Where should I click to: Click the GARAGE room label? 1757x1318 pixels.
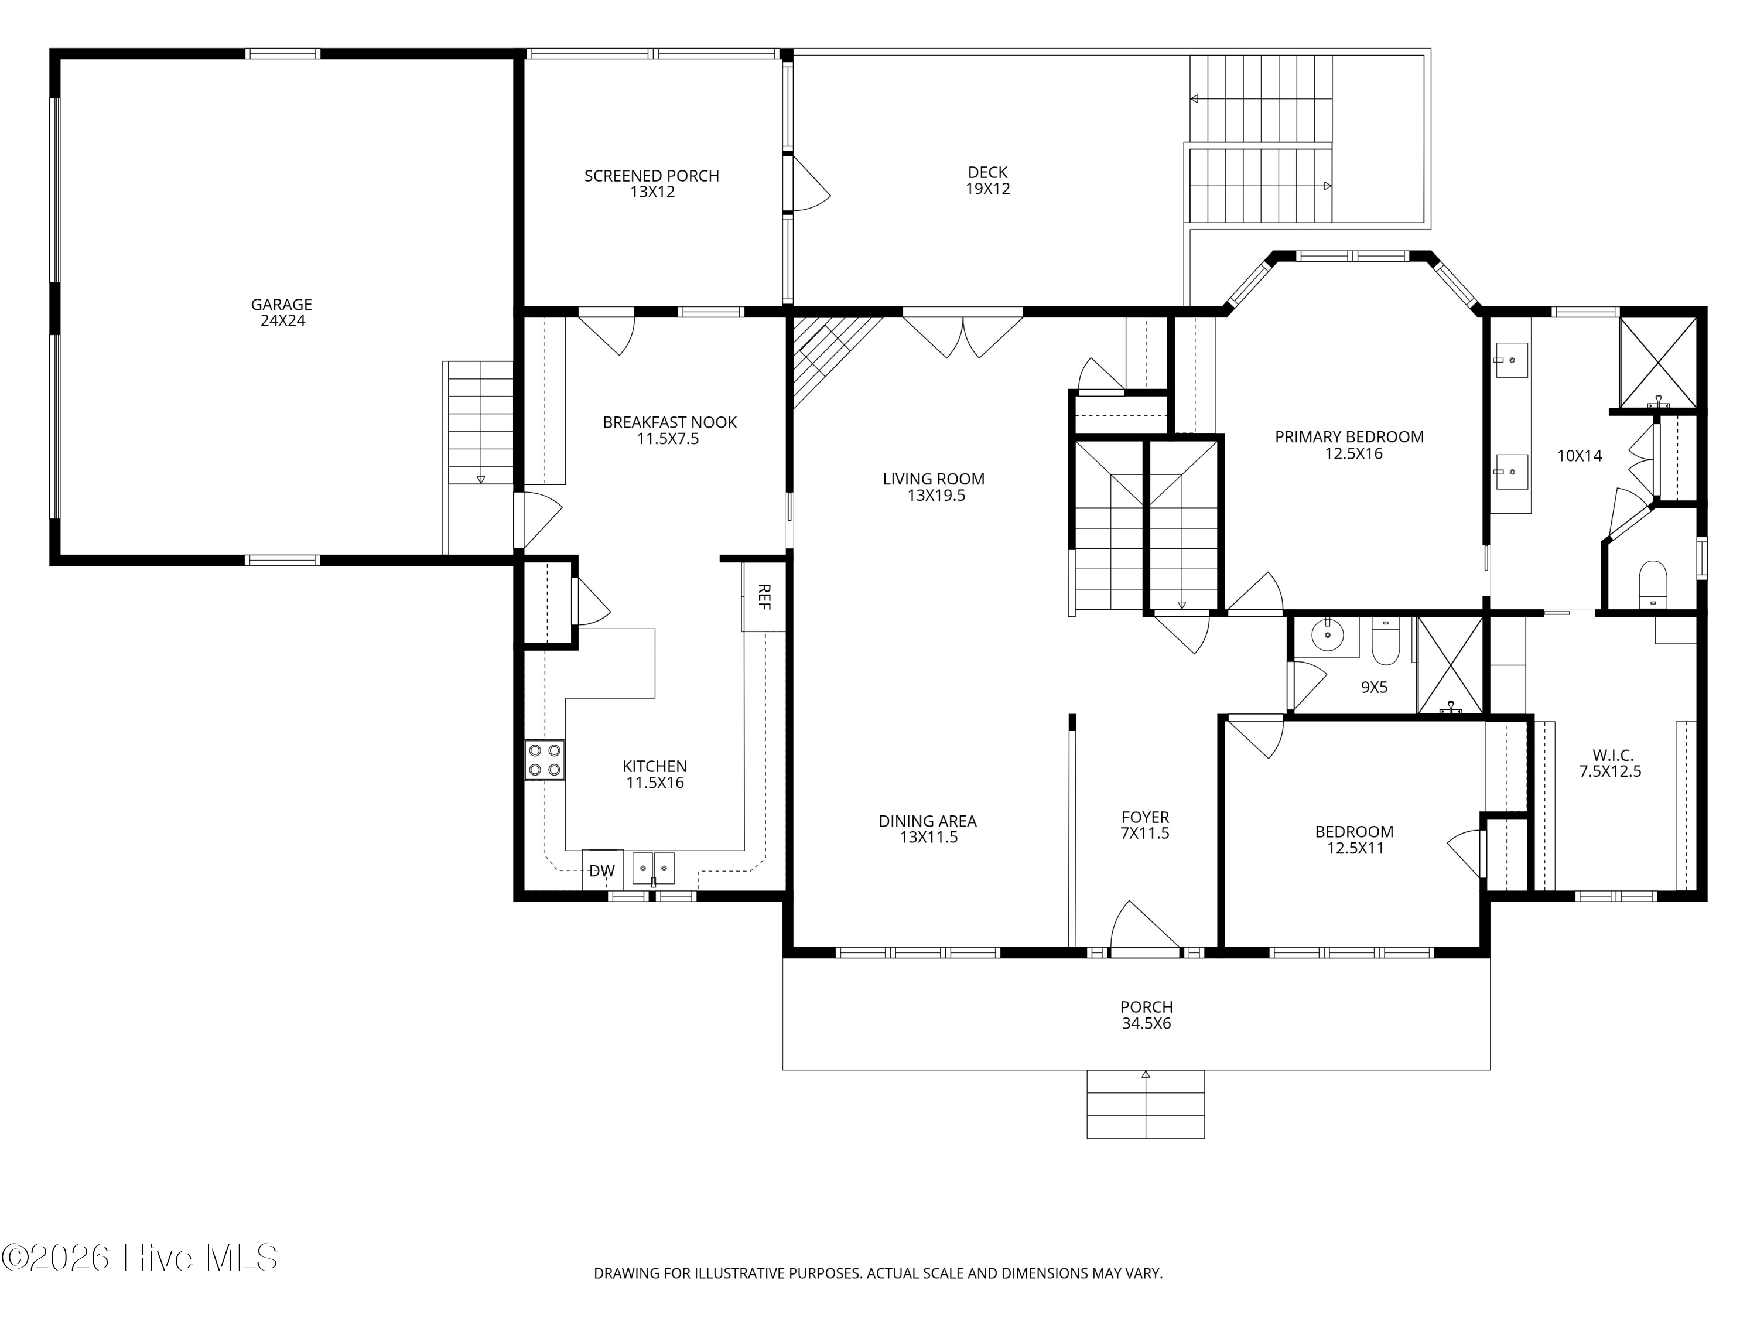click(x=282, y=312)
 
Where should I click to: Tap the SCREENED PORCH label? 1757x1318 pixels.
click(x=652, y=183)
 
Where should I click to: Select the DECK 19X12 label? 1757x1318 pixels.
click(x=988, y=180)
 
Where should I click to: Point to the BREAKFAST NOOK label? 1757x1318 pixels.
click(x=669, y=431)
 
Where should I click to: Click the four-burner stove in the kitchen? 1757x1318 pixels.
click(x=545, y=760)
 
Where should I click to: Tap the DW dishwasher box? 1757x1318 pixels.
click(x=602, y=870)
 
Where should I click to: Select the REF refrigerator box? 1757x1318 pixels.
click(x=763, y=596)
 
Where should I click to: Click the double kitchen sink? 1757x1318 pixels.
click(x=654, y=868)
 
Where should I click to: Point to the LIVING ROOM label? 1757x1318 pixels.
click(x=934, y=487)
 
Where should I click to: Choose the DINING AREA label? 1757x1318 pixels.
click(x=928, y=829)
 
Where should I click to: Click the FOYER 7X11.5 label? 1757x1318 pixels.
click(x=1146, y=825)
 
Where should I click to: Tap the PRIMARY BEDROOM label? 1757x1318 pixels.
click(x=1349, y=445)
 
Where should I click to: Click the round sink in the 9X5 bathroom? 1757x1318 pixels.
click(x=1327, y=636)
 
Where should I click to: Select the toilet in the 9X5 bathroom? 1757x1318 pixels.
click(x=1385, y=640)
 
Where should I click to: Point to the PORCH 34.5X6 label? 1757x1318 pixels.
click(x=1146, y=1015)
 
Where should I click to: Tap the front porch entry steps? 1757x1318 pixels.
click(x=1146, y=1104)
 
